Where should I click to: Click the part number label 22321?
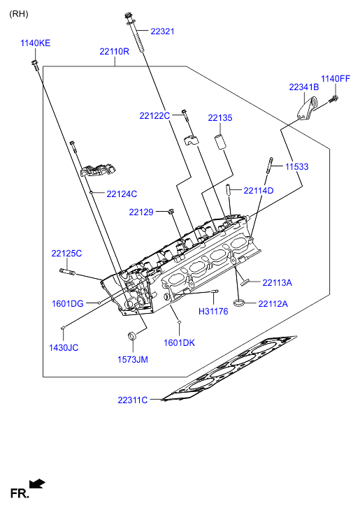pos(162,31)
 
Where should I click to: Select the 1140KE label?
pos(36,43)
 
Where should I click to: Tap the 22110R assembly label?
pos(115,52)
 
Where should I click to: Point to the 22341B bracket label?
pos(304,87)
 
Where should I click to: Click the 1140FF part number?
pos(336,79)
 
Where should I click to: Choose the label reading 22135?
pos(220,118)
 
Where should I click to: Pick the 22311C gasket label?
pos(133,400)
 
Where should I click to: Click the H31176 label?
pos(213,312)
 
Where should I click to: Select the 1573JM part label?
pos(133,360)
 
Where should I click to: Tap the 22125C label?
pos(66,254)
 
